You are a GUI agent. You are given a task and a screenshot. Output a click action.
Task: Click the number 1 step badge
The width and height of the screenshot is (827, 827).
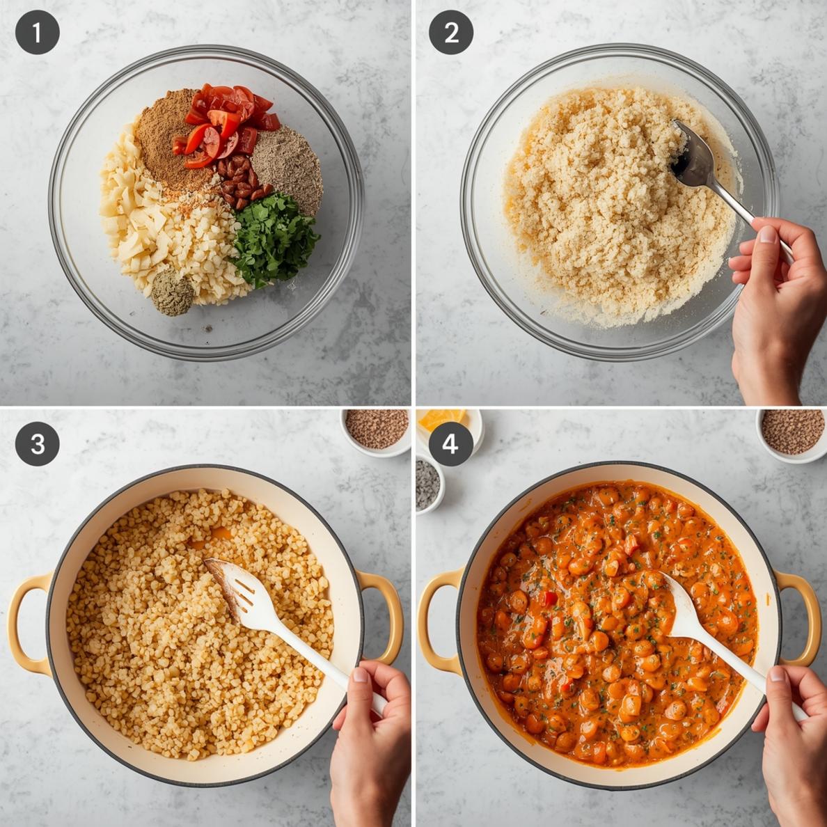[x=37, y=33]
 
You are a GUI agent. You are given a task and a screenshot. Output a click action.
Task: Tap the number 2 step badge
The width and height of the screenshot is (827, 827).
[x=451, y=33]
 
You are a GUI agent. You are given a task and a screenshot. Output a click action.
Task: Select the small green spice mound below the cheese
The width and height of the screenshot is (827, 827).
[x=172, y=293]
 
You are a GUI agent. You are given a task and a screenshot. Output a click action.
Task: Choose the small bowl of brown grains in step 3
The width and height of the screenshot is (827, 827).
[x=377, y=429]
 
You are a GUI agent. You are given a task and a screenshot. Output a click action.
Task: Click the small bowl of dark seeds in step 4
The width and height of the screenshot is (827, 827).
[x=427, y=485]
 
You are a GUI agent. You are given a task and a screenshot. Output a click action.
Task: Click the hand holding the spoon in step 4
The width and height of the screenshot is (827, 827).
[x=794, y=738]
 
